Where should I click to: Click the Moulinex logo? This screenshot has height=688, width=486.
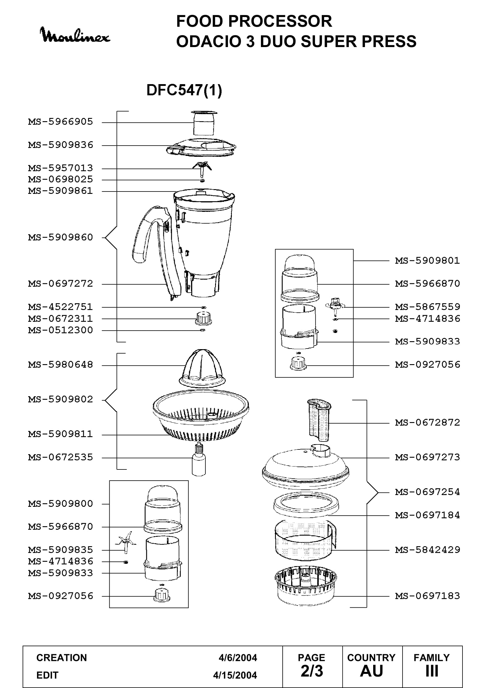click(75, 35)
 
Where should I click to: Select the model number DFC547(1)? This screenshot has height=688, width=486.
click(184, 90)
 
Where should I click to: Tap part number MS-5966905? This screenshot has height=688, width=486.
click(61, 122)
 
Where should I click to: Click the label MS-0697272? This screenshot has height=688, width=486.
click(61, 284)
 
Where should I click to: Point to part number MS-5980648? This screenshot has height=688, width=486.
click(61, 365)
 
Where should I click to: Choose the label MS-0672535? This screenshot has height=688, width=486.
click(61, 457)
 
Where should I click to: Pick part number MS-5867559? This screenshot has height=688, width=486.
click(427, 307)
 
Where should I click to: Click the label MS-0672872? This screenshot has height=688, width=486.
click(427, 422)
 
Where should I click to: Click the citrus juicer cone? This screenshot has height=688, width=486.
click(202, 369)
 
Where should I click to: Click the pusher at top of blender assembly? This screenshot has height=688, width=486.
click(204, 123)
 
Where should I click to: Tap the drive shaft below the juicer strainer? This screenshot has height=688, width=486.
click(199, 460)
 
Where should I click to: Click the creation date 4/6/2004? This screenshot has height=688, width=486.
click(238, 658)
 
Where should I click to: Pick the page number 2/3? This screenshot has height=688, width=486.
click(312, 671)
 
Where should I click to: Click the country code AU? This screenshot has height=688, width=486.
click(371, 671)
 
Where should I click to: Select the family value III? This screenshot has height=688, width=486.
click(432, 671)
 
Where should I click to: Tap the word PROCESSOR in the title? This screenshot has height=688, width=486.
click(280, 21)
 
